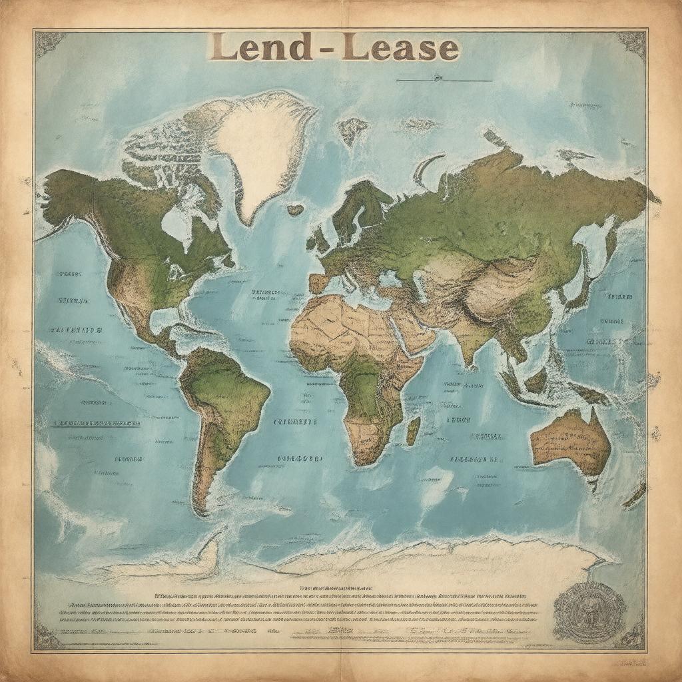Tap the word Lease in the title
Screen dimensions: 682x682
click(400, 49)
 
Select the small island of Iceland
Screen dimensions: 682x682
click(295, 210)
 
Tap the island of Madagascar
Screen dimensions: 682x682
click(414, 430)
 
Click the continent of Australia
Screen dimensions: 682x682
click(571, 440)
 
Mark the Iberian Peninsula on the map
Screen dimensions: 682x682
click(319, 283)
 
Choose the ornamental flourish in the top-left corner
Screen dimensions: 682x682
click(50, 44)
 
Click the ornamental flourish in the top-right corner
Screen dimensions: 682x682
click(631, 44)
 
